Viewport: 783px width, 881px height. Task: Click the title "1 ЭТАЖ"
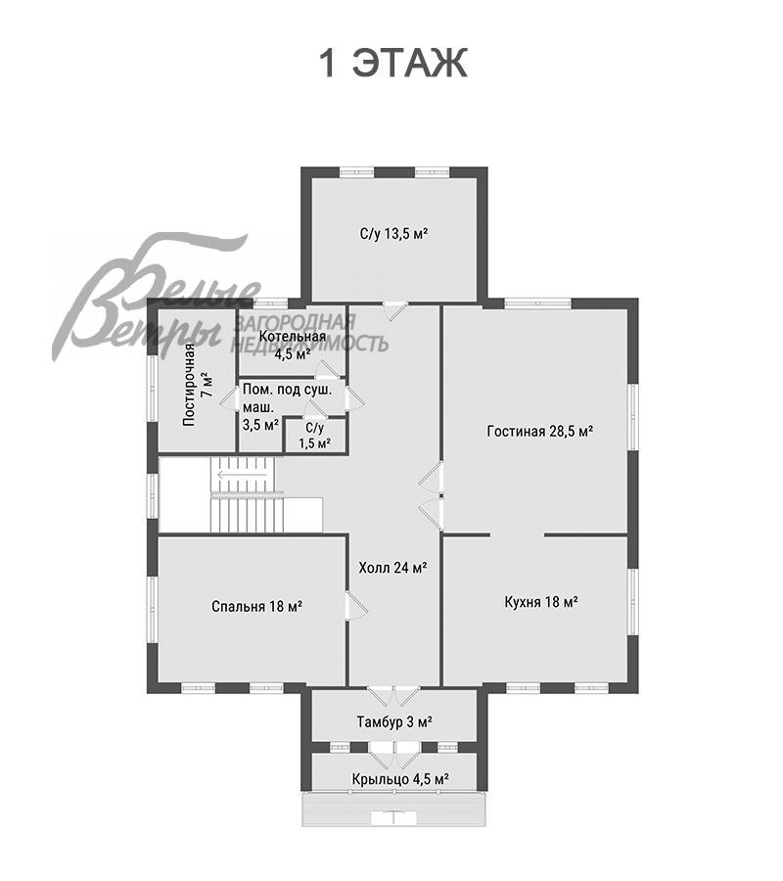[392, 64]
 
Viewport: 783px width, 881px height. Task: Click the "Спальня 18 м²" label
[256, 606]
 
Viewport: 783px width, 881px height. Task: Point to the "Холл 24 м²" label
[392, 567]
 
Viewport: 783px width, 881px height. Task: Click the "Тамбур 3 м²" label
[393, 721]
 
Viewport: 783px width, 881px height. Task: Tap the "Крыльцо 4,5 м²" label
[400, 779]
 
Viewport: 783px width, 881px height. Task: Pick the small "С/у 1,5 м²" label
[314, 436]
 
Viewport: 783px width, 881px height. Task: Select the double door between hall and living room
[432, 495]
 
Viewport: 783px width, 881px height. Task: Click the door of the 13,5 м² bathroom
[393, 311]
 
